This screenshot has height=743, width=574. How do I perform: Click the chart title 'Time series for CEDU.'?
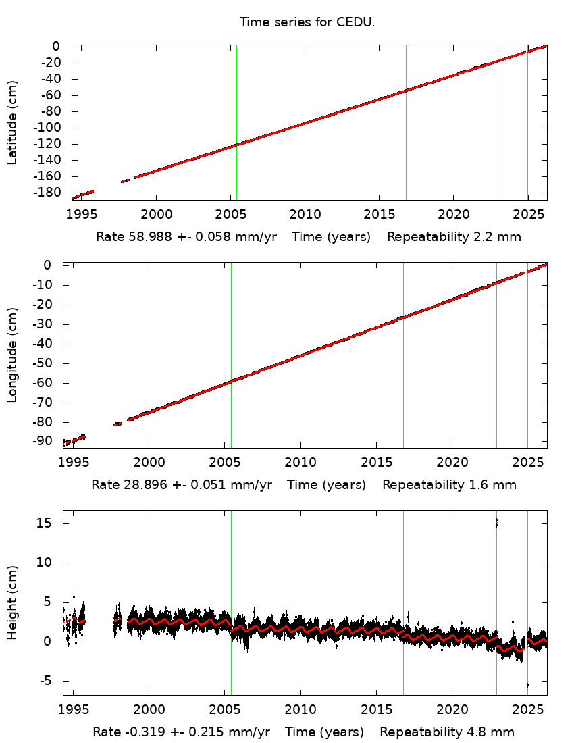(307, 22)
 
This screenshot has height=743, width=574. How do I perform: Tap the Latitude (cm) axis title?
(12, 122)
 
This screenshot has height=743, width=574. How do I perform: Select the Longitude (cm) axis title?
(12, 355)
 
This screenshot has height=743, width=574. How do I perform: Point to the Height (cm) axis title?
(12, 603)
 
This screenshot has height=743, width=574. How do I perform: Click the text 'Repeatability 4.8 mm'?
(447, 732)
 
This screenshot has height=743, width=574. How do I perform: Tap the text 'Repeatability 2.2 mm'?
(454, 237)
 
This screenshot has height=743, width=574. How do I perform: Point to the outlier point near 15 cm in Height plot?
(496, 521)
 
